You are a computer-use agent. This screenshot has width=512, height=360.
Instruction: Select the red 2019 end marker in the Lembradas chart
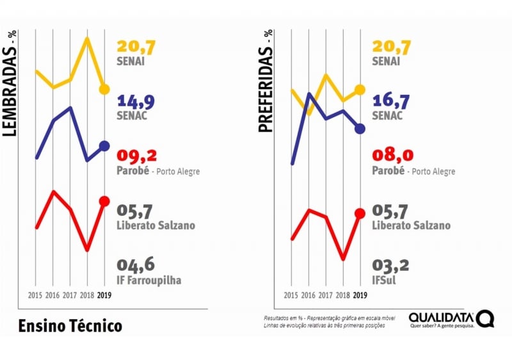[x=105, y=202]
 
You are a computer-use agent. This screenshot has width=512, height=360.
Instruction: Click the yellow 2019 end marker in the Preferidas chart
[x=360, y=90]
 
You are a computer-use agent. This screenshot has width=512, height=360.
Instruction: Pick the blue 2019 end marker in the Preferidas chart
[x=360, y=128]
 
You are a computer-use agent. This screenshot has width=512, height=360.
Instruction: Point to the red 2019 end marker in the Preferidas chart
[x=360, y=213]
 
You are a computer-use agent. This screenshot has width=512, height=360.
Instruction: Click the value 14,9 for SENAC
[x=136, y=101]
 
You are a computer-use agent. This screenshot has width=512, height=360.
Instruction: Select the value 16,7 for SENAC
[x=391, y=101]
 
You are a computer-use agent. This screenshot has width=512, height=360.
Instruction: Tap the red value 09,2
[x=136, y=156]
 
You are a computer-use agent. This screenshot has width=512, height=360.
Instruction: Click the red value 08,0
[x=391, y=156]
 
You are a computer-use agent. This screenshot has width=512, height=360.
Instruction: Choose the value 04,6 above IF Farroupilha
[x=136, y=265]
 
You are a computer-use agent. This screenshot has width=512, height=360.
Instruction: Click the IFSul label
[x=387, y=280]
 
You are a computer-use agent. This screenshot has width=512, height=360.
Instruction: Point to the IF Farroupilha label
[x=149, y=280]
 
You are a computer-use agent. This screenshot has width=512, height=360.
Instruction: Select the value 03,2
[x=391, y=265]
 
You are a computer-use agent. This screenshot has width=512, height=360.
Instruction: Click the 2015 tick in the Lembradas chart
[x=35, y=295]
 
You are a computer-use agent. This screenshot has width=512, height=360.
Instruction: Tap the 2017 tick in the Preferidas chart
[x=325, y=295]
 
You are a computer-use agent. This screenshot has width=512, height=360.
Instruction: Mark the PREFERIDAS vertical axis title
[x=265, y=82]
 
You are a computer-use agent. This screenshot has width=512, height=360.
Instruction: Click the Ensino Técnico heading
[x=70, y=325]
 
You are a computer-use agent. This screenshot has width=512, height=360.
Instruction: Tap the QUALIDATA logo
[x=451, y=319]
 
